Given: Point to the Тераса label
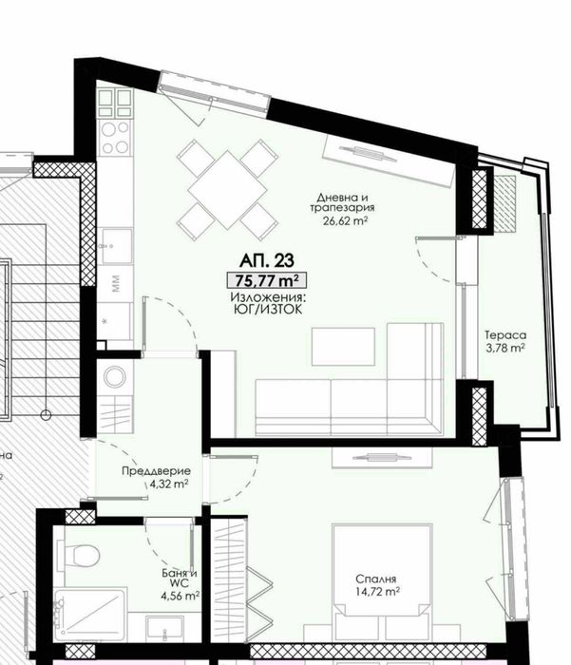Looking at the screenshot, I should (505, 335).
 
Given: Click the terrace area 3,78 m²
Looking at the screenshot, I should (505, 348).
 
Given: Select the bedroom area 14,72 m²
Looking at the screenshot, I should (378, 590).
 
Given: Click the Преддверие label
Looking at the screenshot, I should (157, 471).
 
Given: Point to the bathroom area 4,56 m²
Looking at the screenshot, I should (179, 597).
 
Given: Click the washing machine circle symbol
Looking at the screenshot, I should (115, 376).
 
